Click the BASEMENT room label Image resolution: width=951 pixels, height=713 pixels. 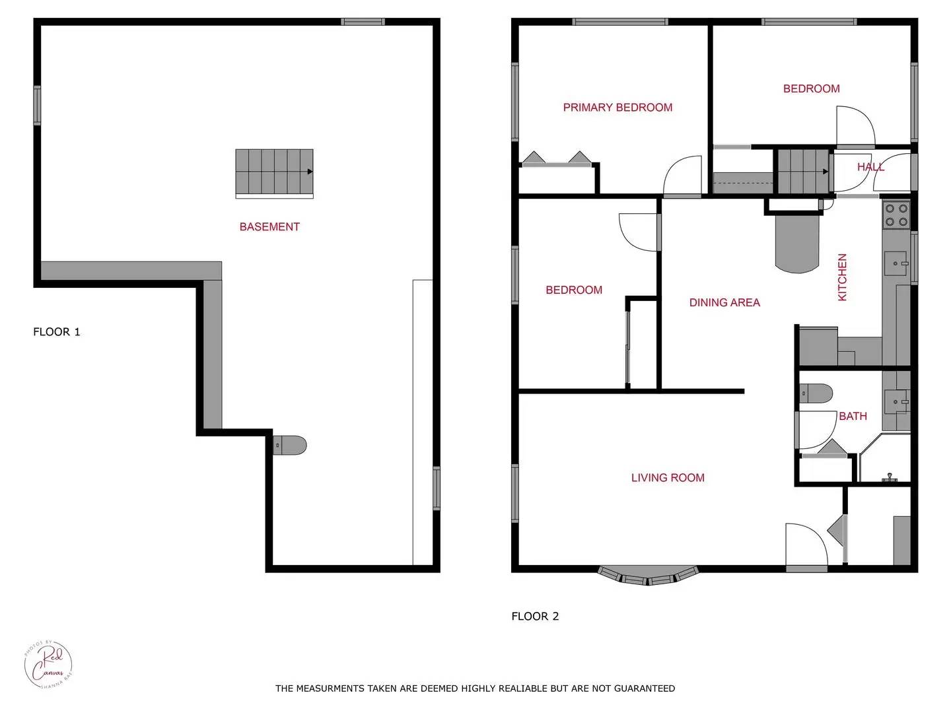269,226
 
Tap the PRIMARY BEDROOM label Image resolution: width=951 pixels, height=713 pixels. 617,107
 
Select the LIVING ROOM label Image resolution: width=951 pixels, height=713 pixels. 668,477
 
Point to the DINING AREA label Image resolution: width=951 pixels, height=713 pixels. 724,302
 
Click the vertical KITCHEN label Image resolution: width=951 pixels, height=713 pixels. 842,277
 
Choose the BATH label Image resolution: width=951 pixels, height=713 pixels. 853,416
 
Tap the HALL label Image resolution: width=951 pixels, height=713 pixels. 870,167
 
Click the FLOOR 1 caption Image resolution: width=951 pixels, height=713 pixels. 57,331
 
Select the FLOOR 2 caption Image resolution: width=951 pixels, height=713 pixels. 535,616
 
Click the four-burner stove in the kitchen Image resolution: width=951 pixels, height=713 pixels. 896,215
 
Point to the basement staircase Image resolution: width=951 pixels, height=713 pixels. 274,173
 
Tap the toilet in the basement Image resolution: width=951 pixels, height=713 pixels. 291,446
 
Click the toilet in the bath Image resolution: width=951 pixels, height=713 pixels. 816,393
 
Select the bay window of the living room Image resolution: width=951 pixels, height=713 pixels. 648,576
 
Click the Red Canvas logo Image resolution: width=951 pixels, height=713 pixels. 48,664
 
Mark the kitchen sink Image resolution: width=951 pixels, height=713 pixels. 896,263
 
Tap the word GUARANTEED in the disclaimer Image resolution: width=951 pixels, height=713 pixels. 644,688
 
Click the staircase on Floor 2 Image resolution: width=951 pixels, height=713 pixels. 802,172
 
